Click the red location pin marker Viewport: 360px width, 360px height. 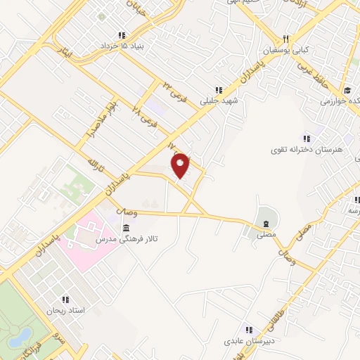181,166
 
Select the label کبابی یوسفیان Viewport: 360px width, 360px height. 287,51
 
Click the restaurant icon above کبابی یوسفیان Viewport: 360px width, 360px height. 285,39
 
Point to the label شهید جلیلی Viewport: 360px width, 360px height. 220,101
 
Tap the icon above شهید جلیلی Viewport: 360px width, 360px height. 219,89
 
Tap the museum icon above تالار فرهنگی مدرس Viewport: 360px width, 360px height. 126,228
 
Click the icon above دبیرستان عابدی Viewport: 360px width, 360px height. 247,329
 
